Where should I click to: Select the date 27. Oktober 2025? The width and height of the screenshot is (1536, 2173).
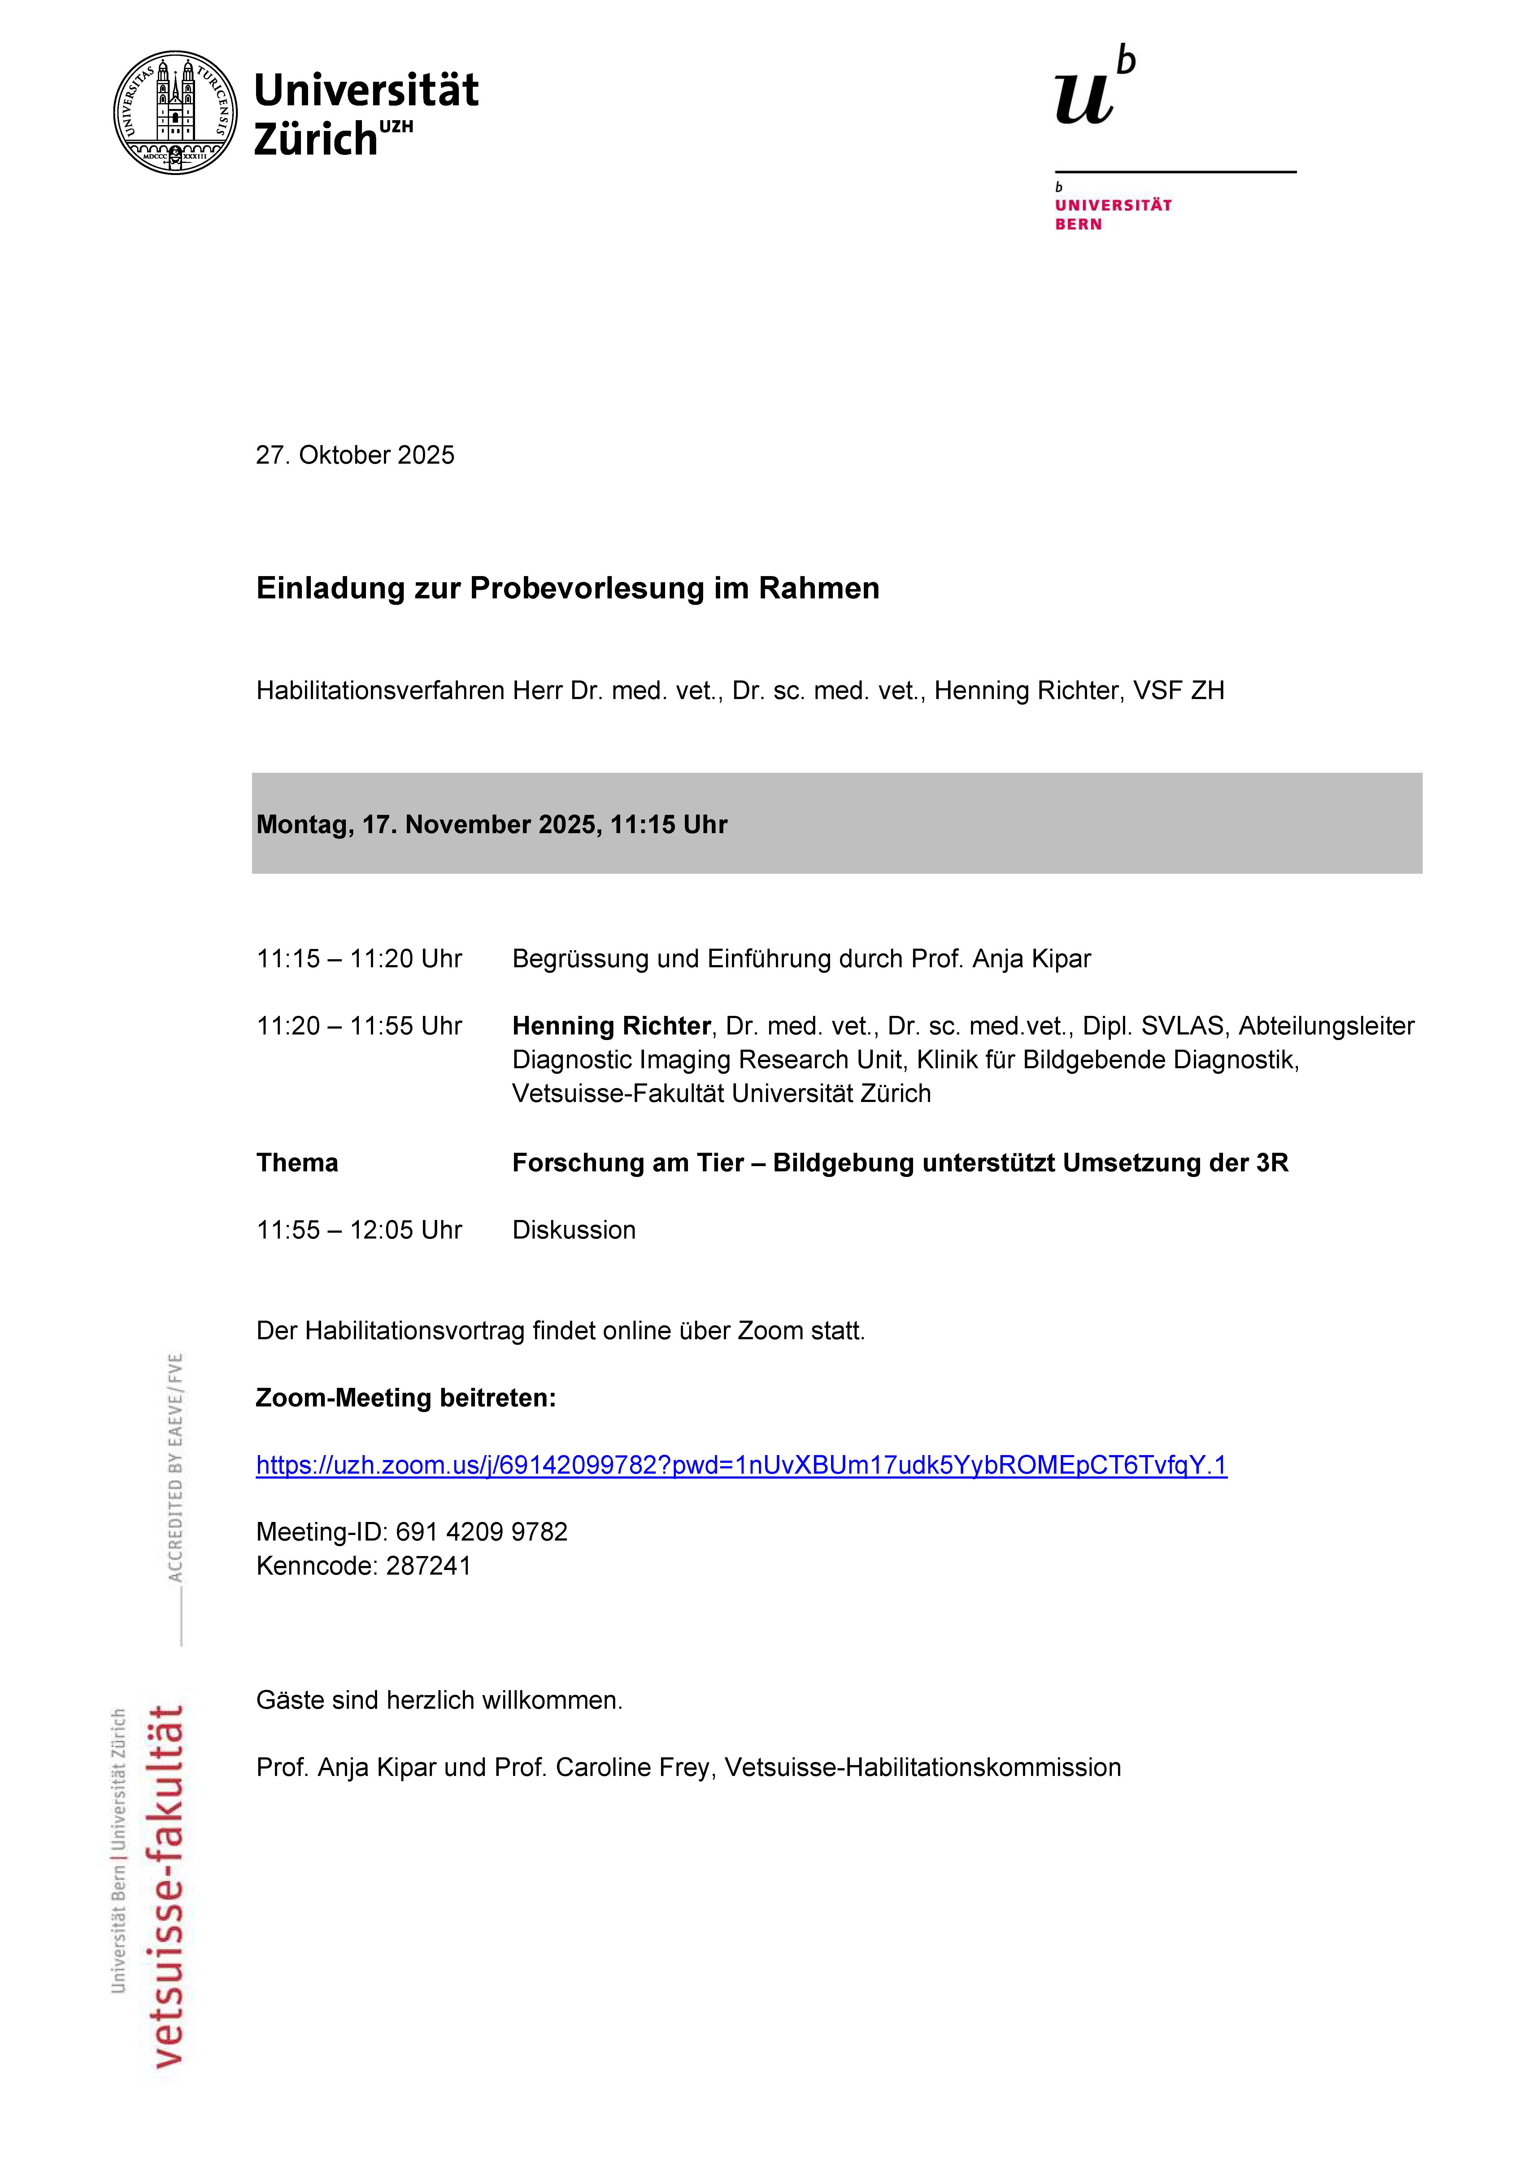[355, 455]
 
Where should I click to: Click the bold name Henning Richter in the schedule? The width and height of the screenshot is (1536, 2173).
[611, 1026]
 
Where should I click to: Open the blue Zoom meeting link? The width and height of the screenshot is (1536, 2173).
[741, 1465]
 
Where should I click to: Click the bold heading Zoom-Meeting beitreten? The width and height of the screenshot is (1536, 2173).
[406, 1398]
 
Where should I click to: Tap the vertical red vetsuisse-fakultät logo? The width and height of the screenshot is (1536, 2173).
[167, 1883]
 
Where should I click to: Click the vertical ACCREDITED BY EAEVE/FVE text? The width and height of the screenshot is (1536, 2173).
[175, 1467]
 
